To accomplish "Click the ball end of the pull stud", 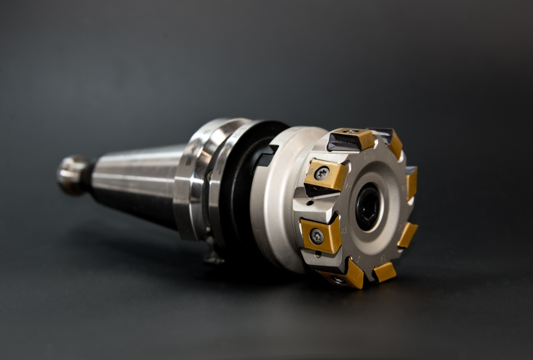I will point(72,175).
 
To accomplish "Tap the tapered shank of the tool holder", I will point(138,180).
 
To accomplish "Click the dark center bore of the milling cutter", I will point(368,206).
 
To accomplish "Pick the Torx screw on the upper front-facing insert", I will point(322,173).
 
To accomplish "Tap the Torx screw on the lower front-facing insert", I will point(316,236).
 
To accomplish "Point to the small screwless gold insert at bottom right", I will point(384,271).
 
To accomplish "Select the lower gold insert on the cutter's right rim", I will point(408,234).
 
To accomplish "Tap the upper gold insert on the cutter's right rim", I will point(412,182).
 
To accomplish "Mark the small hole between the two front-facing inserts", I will point(310,203).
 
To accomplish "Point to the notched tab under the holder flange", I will point(214,255).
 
